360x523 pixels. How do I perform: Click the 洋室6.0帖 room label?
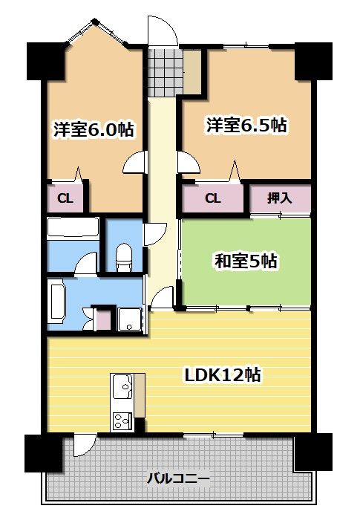tap(94, 129)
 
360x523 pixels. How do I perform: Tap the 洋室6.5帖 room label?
tap(246, 125)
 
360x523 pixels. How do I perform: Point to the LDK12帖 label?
tap(223, 375)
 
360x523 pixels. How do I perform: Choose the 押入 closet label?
tap(280, 198)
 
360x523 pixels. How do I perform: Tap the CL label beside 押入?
tap(213, 198)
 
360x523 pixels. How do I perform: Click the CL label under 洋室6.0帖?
tap(65, 198)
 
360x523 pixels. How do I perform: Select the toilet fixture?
tap(125, 256)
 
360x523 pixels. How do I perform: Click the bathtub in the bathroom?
tap(73, 227)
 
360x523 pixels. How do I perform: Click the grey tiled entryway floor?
tap(157, 71)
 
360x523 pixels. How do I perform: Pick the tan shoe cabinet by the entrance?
tap(192, 71)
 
